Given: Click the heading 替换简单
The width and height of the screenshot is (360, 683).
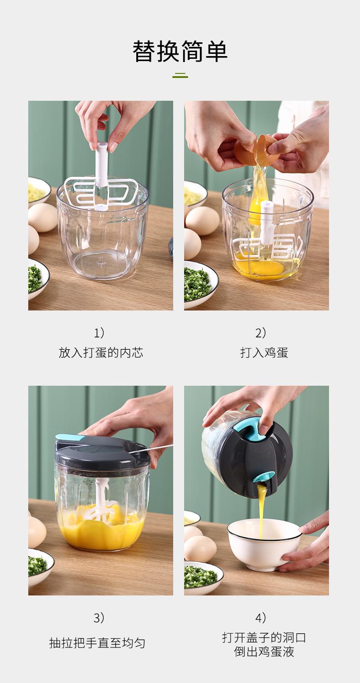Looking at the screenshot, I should click(x=180, y=51).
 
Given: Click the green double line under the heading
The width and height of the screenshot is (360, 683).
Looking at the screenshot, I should click(x=180, y=76).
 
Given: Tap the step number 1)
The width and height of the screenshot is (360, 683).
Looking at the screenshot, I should click(x=100, y=333).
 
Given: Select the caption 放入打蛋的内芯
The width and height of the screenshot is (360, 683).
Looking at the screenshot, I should click(x=101, y=352).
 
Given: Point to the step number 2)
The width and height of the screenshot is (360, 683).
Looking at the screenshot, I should click(x=261, y=333).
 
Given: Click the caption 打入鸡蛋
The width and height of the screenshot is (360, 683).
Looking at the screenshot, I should click(x=264, y=352).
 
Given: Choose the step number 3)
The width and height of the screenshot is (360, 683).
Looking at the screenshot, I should click(x=100, y=618).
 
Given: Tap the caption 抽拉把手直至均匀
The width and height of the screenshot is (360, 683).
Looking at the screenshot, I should click(x=97, y=643).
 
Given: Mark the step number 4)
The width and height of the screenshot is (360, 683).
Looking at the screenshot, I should click(x=261, y=618).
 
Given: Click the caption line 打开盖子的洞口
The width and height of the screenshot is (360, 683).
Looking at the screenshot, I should click(x=264, y=637).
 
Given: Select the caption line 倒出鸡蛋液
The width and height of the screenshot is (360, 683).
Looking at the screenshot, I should click(x=264, y=652).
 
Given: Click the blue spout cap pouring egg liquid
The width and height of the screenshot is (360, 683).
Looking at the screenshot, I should click(x=263, y=478).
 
